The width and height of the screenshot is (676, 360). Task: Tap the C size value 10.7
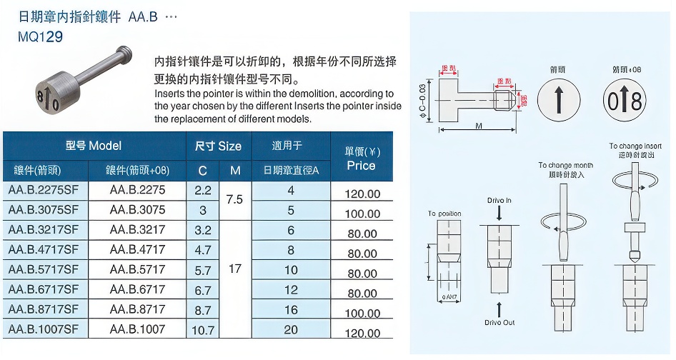[x=203, y=329]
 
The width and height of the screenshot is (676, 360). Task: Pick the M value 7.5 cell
[x=234, y=200]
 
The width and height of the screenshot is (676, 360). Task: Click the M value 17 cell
[x=234, y=270]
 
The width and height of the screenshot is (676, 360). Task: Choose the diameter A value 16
[x=290, y=309]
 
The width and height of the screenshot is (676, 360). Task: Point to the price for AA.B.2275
[x=362, y=194]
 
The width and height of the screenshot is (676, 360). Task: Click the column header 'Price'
[x=361, y=166]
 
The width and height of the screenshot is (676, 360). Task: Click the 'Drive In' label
[x=499, y=201]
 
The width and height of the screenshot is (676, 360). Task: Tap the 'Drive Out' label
[x=499, y=323]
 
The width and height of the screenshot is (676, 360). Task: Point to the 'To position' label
[x=444, y=214]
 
